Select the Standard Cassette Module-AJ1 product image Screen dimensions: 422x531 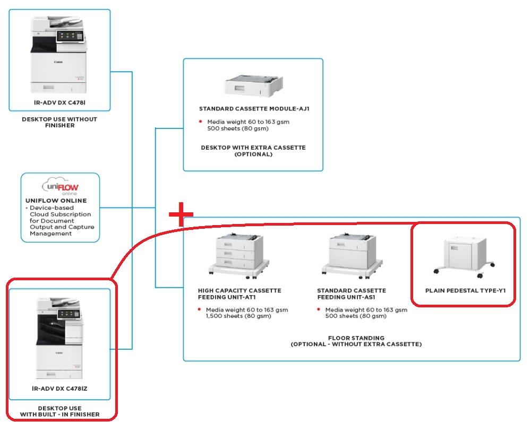254,85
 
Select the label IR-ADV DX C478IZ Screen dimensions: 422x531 59,389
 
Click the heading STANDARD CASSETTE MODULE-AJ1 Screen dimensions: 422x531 254,109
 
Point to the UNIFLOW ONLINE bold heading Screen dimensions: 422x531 56,201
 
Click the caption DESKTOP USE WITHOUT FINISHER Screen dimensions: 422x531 59,122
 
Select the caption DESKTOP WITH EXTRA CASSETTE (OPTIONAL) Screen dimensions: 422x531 253,151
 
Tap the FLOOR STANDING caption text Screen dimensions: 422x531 356,338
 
